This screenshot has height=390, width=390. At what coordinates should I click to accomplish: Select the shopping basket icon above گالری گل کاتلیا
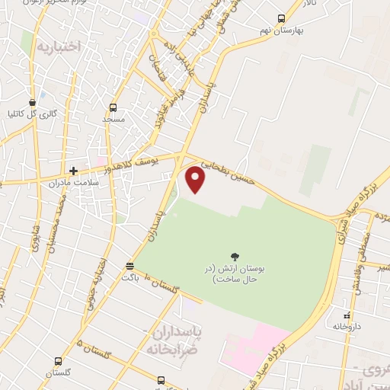coord(32,102)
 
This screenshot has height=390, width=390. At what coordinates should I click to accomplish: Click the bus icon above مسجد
coord(113,107)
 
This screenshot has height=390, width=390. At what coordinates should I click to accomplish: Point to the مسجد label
coord(113,120)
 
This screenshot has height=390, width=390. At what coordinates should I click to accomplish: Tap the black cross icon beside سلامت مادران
coord(74,171)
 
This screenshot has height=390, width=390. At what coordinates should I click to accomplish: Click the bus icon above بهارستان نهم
coord(281,19)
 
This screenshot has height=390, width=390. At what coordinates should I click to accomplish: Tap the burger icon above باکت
coord(129,265)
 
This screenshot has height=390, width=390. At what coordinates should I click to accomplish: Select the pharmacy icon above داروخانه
coord(347,315)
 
